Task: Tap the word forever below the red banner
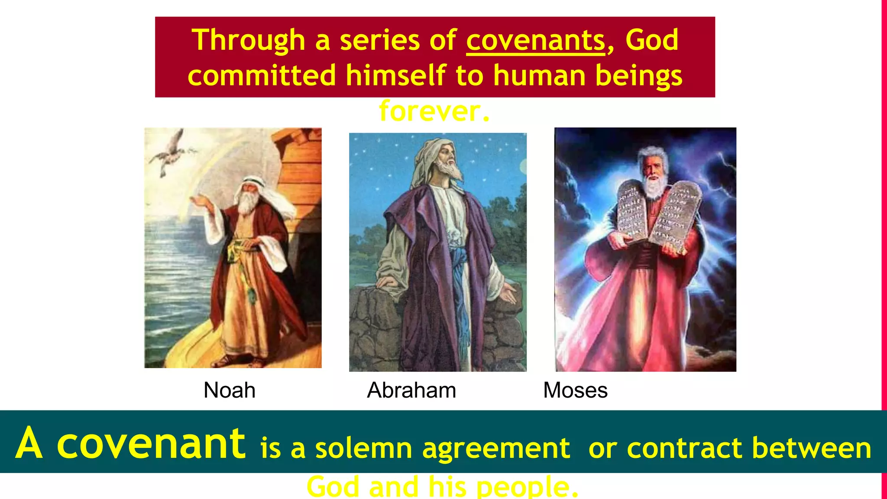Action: coord(434,111)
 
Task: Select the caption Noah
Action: coord(229,390)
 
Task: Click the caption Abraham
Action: coord(411,390)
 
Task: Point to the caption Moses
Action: coord(575,390)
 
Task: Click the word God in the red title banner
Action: coord(652,40)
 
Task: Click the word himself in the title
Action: coord(396,75)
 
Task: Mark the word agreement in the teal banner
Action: coord(496,448)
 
